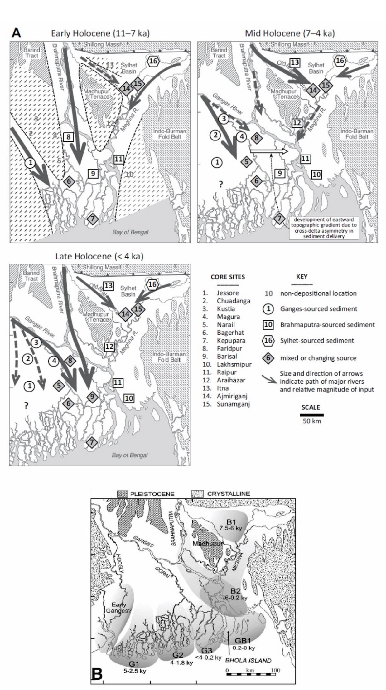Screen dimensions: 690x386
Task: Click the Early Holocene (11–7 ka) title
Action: tap(100, 33)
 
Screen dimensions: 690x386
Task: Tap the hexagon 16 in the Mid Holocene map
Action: tap(340, 61)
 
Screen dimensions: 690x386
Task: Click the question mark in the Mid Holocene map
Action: tap(221, 185)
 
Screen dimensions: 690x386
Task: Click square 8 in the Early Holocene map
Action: tap(69, 136)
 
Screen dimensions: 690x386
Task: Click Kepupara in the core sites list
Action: tap(231, 341)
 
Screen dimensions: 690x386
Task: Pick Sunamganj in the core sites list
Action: tap(233, 404)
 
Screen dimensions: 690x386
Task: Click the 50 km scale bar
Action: tap(312, 415)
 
